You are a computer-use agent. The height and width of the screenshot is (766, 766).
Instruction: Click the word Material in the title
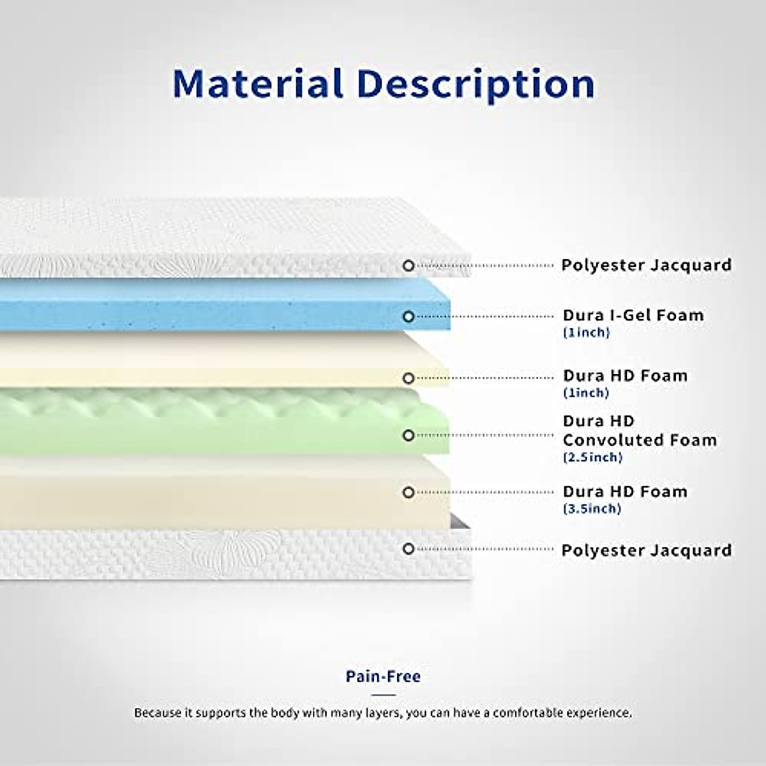coord(258,84)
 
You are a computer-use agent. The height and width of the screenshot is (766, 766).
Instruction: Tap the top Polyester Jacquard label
coord(647,265)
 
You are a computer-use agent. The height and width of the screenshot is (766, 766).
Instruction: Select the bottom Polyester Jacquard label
coord(647,550)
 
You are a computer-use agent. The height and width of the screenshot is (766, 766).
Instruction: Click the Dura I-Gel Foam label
coord(633,315)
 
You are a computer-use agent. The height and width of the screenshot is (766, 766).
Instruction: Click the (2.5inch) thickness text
coord(592,458)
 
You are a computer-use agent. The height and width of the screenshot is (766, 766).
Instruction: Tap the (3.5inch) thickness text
coord(592,509)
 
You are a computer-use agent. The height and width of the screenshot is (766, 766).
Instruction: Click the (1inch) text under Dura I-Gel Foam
coord(587,333)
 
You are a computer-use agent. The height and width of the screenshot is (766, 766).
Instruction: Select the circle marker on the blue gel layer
coord(409,317)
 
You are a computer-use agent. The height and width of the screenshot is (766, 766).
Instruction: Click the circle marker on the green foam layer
coord(409,435)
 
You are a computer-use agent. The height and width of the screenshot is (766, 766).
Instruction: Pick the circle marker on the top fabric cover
coord(409,266)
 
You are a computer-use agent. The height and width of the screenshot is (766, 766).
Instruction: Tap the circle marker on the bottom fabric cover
coord(409,550)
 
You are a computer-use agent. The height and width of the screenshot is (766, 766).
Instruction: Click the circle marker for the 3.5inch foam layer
coord(409,493)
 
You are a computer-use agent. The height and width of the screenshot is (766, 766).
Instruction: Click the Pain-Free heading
coord(383,676)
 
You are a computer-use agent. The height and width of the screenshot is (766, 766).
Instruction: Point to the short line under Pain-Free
coord(383,695)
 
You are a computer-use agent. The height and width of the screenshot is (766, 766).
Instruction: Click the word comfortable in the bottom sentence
coord(528,713)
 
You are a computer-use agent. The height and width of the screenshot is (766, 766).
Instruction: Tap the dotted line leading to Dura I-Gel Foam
coord(484,317)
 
